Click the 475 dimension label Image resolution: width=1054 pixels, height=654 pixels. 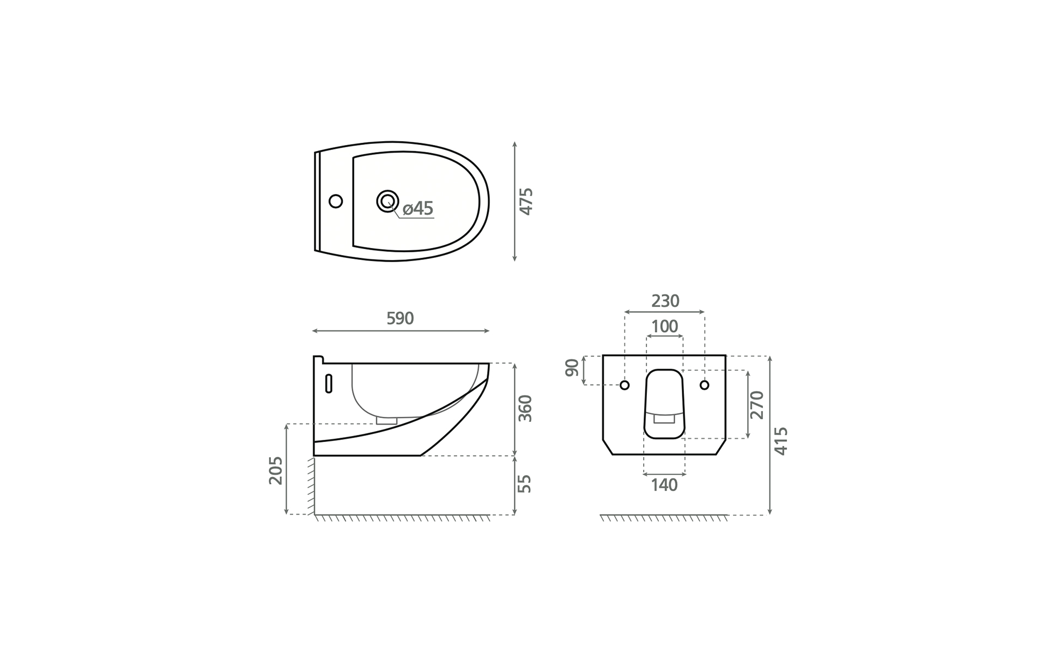tap(526, 202)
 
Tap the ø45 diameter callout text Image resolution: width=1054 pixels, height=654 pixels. tap(418, 208)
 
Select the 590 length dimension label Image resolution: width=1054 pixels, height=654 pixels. tap(400, 318)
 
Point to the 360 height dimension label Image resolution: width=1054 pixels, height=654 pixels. tap(525, 408)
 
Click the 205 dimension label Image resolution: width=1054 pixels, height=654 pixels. tap(276, 470)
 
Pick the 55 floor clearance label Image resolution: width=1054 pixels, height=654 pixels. tap(524, 484)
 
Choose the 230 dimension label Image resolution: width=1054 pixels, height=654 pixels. tap(665, 301)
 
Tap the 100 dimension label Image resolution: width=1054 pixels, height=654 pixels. tap(665, 326)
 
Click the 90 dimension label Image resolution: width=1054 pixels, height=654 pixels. tap(572, 368)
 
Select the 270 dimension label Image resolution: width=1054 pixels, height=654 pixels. tap(757, 404)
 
